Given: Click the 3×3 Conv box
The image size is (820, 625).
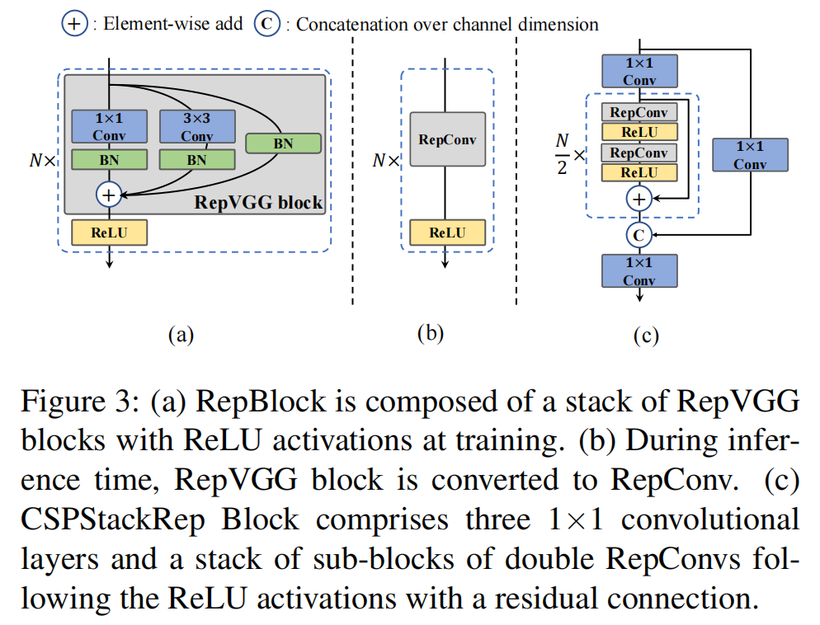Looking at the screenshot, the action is coord(197,126).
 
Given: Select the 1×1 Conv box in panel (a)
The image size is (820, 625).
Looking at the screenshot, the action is coord(109,126).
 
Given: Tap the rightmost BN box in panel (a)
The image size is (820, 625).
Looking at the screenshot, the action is coord(283,143).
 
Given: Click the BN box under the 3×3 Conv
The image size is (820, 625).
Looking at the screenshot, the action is coord(197,160).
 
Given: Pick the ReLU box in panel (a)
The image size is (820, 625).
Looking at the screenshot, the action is coord(109,233).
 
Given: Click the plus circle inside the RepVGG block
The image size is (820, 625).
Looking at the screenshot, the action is coord(109,195).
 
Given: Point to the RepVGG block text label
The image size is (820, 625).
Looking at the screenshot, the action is coord(258,202).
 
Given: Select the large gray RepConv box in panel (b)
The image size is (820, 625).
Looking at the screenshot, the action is coord(448,139).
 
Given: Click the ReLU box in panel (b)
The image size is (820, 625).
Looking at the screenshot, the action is coord(448,233).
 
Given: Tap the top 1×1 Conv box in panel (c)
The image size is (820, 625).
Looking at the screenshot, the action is coord(639,71).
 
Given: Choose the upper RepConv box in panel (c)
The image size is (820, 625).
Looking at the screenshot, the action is coord(639,112).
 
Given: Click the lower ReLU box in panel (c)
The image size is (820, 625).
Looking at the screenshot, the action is coord(639,172).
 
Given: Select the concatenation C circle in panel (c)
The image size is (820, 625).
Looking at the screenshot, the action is coord(639,235).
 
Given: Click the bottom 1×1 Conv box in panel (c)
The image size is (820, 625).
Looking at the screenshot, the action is coord(639,270).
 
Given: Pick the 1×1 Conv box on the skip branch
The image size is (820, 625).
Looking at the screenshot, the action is coord(750,155).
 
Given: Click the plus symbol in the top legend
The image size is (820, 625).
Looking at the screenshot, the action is coord(74,24).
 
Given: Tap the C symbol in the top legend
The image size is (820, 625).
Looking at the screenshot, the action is coord(267,24).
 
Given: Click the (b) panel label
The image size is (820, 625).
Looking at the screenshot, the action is coord(431,333).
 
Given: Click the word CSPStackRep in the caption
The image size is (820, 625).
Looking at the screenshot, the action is coord(113,520).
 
